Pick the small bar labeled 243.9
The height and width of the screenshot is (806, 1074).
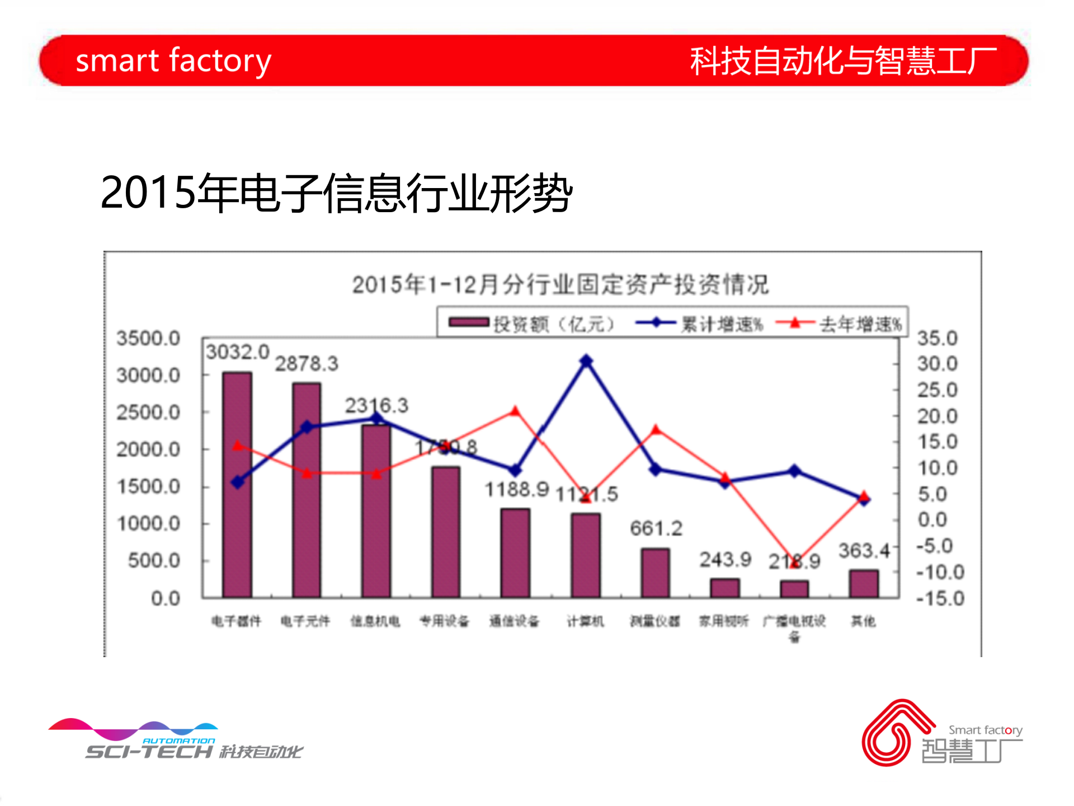pos(725,588)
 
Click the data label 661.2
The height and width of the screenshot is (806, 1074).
pos(656,528)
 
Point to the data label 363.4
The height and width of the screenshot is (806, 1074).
pos(864,551)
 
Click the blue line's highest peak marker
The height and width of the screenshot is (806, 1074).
pos(586,361)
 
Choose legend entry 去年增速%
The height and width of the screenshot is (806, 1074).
pos(839,324)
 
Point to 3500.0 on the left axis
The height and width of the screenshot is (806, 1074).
pos(148,338)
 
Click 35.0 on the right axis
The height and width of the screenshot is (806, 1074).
pos(938,338)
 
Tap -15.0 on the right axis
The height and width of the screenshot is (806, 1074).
pos(940,598)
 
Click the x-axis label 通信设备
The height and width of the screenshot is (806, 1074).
pos(514,621)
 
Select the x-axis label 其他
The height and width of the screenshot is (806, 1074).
pos(863,621)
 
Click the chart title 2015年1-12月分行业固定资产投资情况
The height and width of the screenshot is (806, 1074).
pos(560,284)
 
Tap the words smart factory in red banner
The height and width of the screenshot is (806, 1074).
pos(173,60)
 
